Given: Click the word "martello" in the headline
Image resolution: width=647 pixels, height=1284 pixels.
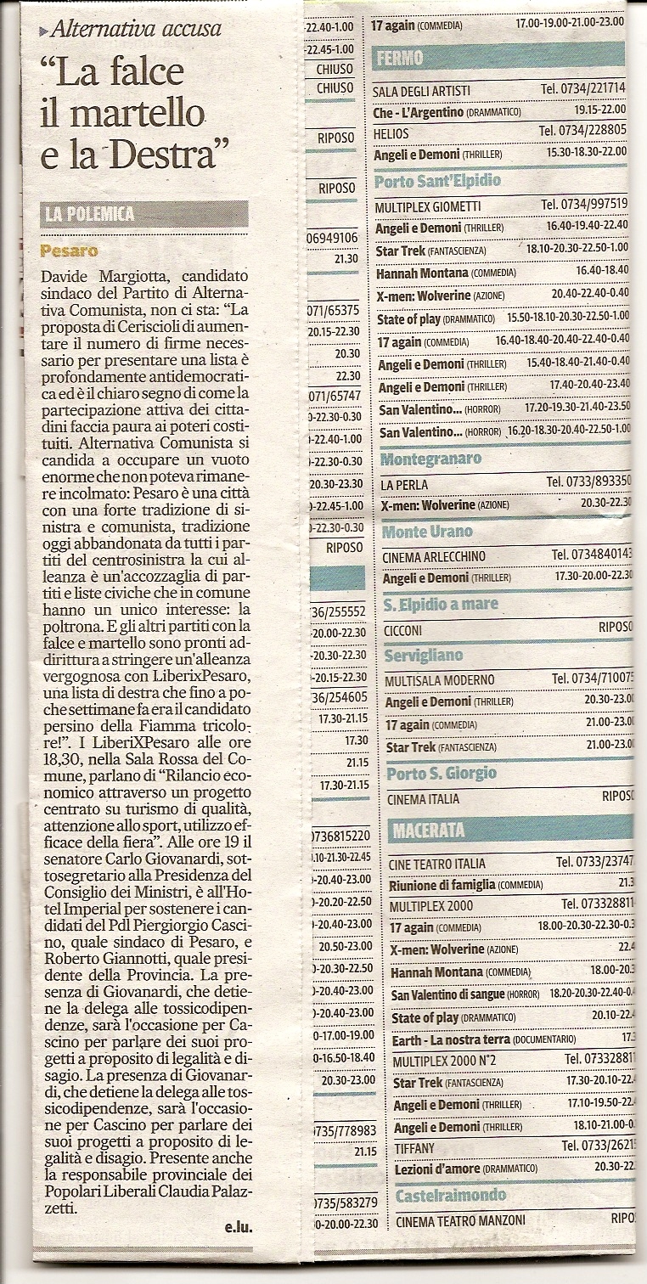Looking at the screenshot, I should click(136, 115).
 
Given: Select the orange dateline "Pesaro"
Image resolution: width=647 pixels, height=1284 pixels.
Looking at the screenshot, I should click(68, 251).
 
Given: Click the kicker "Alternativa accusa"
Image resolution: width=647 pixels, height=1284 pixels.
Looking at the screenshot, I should click(136, 30).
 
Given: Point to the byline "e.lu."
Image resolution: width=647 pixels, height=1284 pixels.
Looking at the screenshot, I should click(239, 1227).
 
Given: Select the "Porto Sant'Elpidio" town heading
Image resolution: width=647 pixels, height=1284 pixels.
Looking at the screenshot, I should click(437, 181).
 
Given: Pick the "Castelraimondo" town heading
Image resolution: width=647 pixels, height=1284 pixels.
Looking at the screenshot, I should click(450, 1195).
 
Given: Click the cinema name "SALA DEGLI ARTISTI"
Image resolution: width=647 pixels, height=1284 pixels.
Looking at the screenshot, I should click(421, 90).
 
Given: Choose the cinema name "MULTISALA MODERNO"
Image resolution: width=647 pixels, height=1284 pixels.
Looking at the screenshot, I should click(438, 680).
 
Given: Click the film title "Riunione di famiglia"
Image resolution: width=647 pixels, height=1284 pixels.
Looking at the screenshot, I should click(442, 885).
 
